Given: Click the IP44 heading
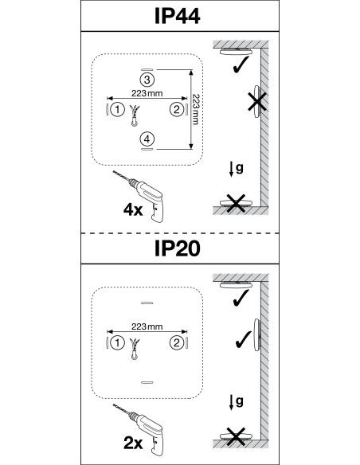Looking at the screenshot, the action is pos(178,16).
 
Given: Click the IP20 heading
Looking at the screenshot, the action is pos(178,248).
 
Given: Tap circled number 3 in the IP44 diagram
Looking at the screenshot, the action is pos(147,80).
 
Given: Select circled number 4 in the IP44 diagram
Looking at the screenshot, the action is pos(147,139).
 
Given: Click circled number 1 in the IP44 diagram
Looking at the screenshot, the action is pos(117,110).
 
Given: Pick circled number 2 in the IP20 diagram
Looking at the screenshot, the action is pos(177,343).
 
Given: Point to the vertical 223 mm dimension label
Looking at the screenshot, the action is pos(195,109).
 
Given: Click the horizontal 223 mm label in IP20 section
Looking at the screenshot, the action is pos(147,326).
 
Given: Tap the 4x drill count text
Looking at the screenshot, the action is pos(133,210).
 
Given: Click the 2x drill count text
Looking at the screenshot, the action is pos(133,444).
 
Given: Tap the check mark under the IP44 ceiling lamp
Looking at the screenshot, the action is pos(241,65).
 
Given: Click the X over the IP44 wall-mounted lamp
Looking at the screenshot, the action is pos(257,101).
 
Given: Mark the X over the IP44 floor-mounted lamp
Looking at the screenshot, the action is pos(236,204).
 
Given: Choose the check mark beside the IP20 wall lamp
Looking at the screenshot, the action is pos(244,339).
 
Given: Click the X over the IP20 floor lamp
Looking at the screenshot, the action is pos(236,437).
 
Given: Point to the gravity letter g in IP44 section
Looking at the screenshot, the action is pos(240,167).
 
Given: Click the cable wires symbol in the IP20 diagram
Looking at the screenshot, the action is pos(135,349).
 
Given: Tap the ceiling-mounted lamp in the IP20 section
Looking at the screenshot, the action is pos(236,285).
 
